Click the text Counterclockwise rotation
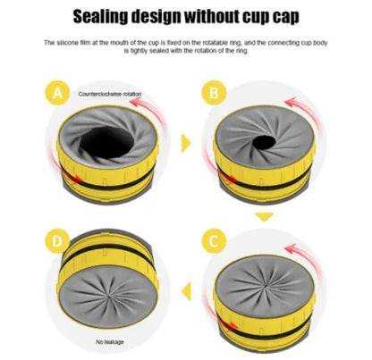tap(109, 93)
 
